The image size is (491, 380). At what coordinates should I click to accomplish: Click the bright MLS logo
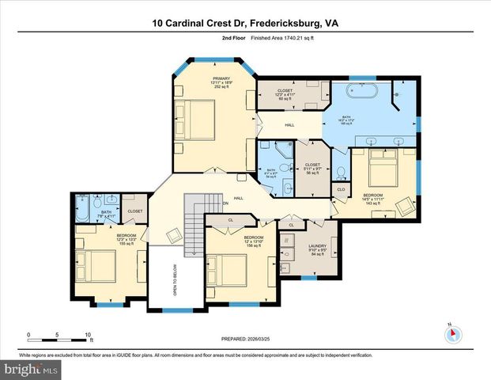[30, 370]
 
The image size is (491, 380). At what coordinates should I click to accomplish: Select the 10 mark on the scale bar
[88, 335]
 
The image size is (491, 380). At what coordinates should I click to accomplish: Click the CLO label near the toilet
[341, 190]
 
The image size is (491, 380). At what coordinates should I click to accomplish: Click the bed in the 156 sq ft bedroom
[230, 268]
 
